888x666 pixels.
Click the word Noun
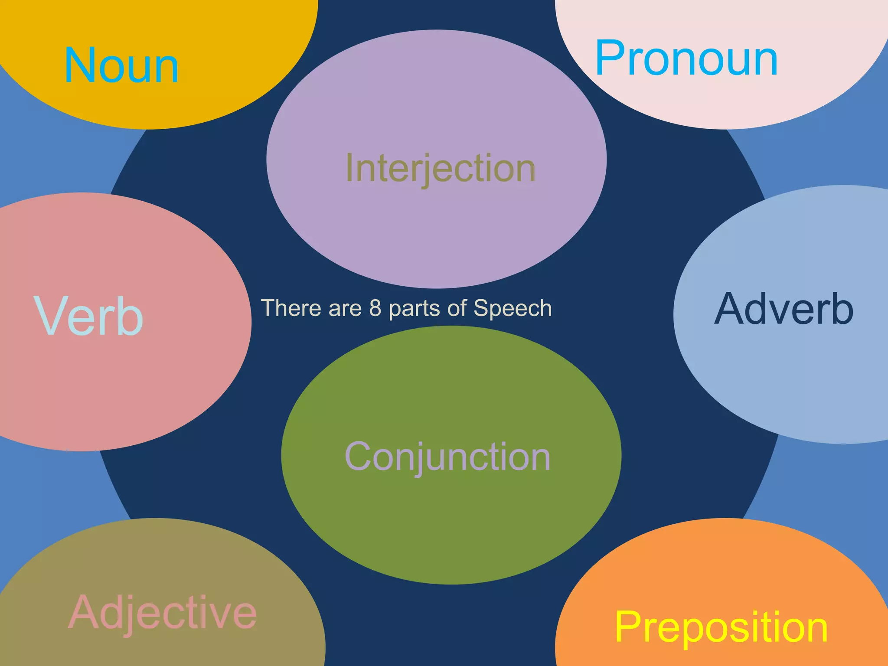[121, 66]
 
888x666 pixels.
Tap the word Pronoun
[686, 59]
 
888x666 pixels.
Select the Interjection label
[441, 168]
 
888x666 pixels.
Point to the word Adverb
[784, 309]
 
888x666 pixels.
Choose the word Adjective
[163, 612]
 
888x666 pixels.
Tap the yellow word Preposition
[721, 627]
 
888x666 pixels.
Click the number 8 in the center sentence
[375, 308]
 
